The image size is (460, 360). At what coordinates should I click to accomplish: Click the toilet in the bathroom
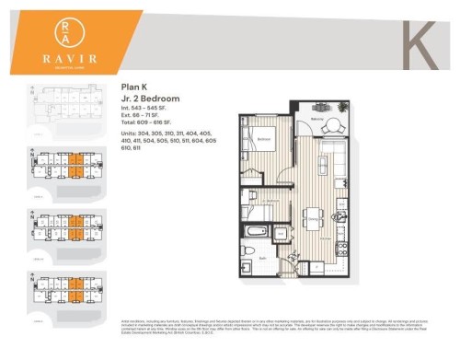click(247, 249)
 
